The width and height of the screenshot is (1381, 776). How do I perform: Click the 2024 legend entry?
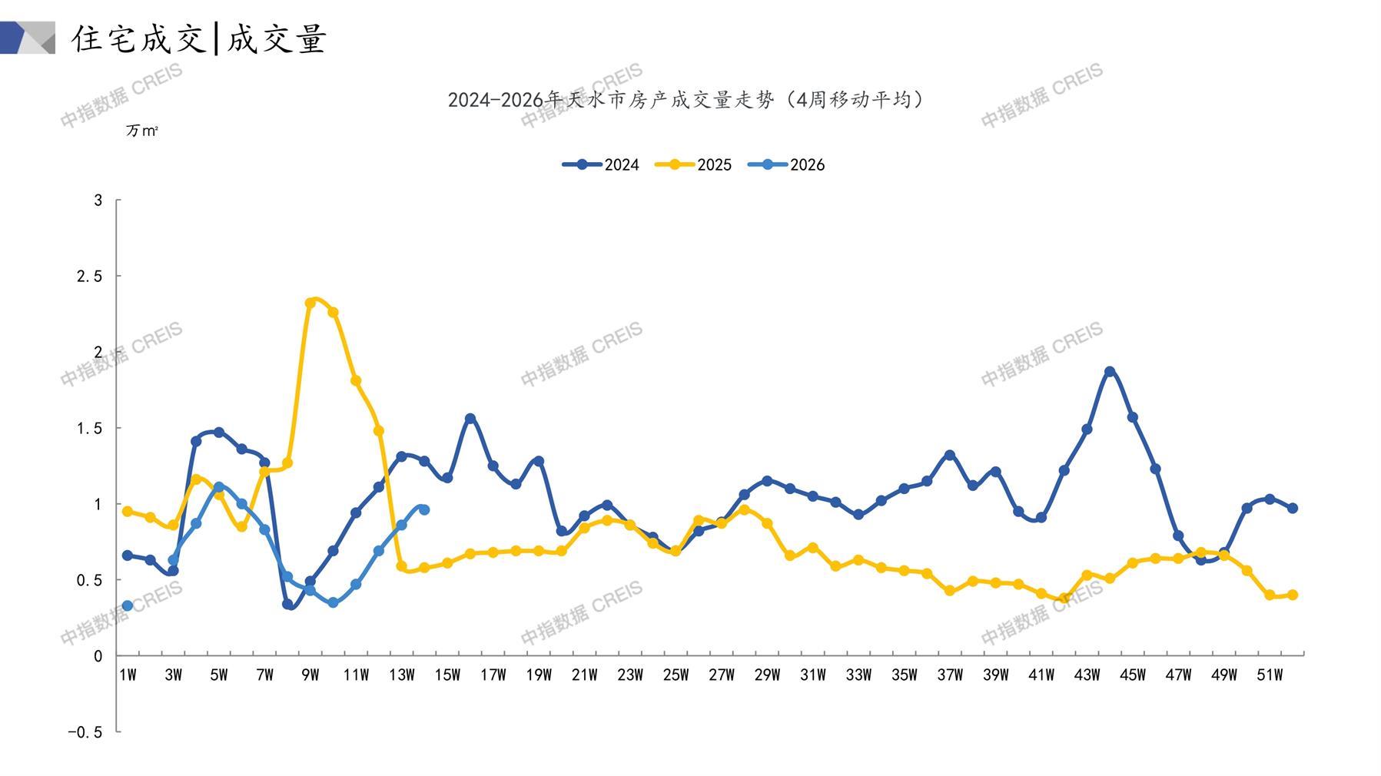[x=601, y=164]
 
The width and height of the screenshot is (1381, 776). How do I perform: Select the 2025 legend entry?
[x=693, y=164]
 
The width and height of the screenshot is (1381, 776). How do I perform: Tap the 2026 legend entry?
[x=786, y=164]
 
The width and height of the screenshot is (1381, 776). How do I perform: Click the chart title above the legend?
[x=686, y=100]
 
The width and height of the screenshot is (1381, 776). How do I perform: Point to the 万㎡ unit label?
[x=142, y=131]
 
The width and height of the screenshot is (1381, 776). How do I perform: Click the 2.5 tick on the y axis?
[x=89, y=276]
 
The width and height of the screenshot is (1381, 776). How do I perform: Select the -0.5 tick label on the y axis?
[x=85, y=732]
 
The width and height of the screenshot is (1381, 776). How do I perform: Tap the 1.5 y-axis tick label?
[x=89, y=428]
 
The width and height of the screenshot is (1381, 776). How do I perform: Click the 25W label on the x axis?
[x=676, y=675]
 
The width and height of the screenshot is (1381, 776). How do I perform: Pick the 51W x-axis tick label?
[x=1270, y=675]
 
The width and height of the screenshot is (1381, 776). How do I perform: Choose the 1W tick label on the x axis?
[x=128, y=675]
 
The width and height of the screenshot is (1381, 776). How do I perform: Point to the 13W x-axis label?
[x=401, y=675]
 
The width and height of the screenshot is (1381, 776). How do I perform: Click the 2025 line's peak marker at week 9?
[x=310, y=303]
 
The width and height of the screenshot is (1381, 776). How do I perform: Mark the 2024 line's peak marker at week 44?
[x=1110, y=372]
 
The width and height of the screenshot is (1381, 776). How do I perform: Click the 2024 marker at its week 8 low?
[x=287, y=604]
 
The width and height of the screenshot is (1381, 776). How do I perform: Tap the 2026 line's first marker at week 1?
[x=128, y=606]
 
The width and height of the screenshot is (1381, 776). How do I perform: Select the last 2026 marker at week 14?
[x=424, y=509]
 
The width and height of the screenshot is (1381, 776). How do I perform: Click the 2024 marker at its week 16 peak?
[x=470, y=419]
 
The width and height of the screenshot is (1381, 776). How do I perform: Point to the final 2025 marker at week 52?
[x=1293, y=595]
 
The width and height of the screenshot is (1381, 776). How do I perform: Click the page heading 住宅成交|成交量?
[x=199, y=38]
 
